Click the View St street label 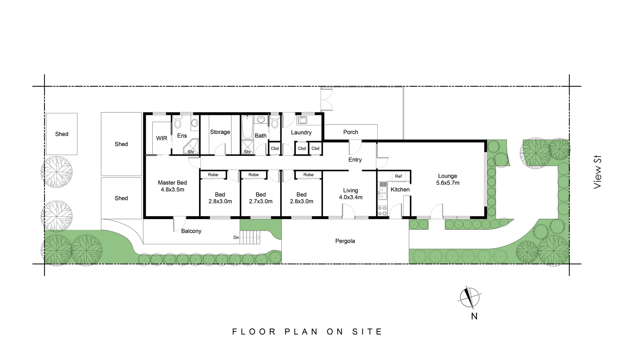coord(598,172)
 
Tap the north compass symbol coord(469,297)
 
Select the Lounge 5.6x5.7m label coord(448,179)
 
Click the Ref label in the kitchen coord(398,176)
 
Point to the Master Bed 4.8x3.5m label coord(172,186)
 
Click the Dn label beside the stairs coord(236,238)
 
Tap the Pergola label coord(345,241)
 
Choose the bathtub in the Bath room coord(247,128)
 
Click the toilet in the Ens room coord(178,122)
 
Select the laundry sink coord(302,120)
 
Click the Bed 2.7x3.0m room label coord(261,198)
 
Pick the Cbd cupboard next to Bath coord(275,149)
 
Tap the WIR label coord(162,138)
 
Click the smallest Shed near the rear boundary coord(62,134)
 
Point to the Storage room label coord(220,132)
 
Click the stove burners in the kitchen coord(382,211)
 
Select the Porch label coord(351,132)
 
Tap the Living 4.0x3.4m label coord(351,194)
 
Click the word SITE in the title coord(367,332)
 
